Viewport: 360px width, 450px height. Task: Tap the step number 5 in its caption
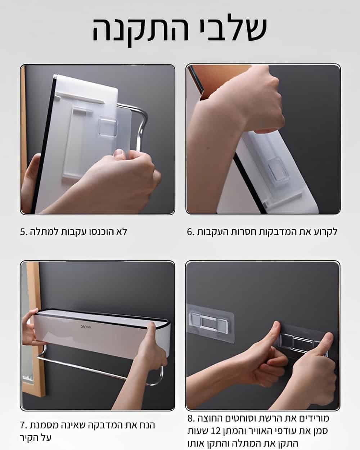pos(24,232)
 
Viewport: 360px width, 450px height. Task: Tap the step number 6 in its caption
pos(191,232)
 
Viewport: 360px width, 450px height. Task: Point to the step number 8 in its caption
pos(191,418)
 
